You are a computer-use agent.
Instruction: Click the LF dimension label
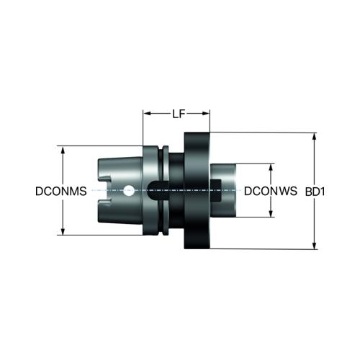tap(179, 114)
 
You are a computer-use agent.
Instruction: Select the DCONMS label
tap(61, 192)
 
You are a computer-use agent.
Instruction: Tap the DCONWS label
tap(271, 191)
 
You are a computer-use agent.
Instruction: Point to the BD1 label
tap(315, 192)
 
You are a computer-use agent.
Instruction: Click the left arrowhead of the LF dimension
tap(147, 113)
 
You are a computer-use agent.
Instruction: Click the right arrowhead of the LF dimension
tap(206, 113)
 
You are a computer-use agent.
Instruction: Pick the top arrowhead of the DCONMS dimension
tap(63, 150)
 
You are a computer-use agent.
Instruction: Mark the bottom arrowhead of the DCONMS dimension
tap(63, 231)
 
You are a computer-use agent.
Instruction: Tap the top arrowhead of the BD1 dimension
tap(315, 137)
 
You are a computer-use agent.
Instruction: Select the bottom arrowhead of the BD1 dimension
tap(315, 245)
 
